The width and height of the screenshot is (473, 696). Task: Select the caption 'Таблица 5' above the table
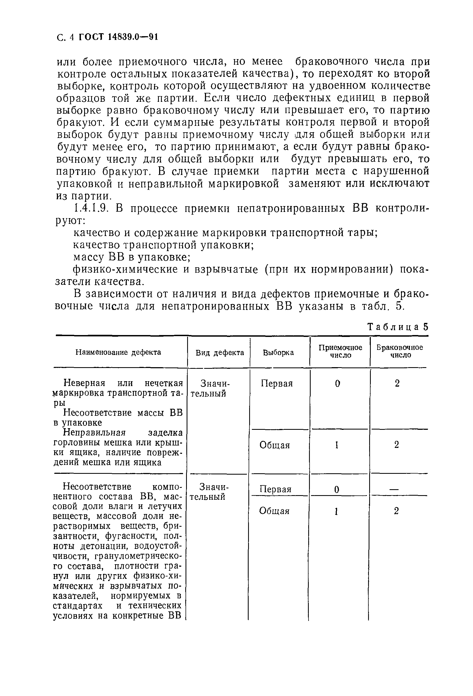tap(397, 327)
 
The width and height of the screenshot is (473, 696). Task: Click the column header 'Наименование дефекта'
tap(118, 352)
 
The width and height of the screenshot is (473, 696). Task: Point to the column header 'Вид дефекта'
tap(220, 353)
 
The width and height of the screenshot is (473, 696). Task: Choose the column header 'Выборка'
tap(278, 353)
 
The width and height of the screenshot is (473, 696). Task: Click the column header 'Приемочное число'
tap(340, 351)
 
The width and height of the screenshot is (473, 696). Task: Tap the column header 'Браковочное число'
tap(400, 351)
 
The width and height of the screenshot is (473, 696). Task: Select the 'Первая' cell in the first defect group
tap(277, 383)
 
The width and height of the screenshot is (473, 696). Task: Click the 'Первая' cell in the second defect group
tap(276, 489)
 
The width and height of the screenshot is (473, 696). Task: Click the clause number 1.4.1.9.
tap(90, 208)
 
